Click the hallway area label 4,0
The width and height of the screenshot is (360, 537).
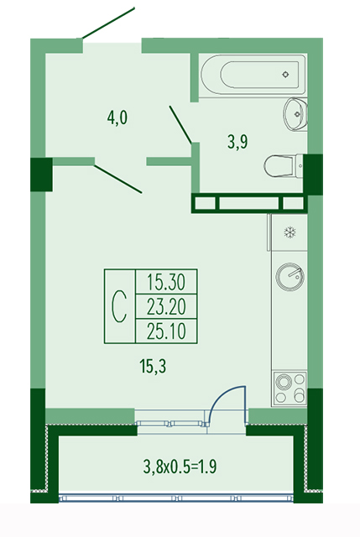point(117,118)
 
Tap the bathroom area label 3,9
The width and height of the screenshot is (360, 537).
point(237,142)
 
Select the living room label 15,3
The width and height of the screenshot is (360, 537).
point(153,367)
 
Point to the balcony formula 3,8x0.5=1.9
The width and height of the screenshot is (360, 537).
point(180,467)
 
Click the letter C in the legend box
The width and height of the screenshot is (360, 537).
point(119,305)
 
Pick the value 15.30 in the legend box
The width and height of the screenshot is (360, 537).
point(166,282)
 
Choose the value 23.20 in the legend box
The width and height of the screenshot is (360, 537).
point(166,306)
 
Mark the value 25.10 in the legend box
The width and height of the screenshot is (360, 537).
point(166,331)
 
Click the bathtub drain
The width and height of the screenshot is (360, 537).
point(285,74)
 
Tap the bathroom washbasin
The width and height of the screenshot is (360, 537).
point(295,114)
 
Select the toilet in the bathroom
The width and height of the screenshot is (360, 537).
point(284,166)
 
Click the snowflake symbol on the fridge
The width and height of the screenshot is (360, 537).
point(290,233)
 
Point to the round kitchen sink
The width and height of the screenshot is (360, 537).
point(290,277)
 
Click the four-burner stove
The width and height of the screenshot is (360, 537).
point(290,388)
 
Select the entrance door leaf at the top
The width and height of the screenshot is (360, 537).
point(108,23)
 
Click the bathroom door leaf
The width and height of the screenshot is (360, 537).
point(180,125)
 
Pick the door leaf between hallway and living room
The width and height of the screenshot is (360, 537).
point(117,180)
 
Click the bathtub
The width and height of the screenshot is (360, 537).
point(253,75)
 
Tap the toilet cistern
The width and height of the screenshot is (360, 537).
point(300,166)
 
